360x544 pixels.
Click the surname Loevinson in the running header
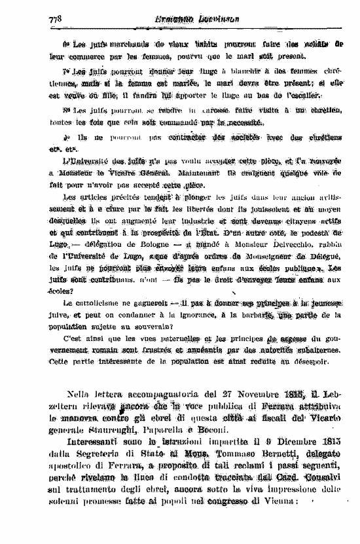(x=215, y=20)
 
